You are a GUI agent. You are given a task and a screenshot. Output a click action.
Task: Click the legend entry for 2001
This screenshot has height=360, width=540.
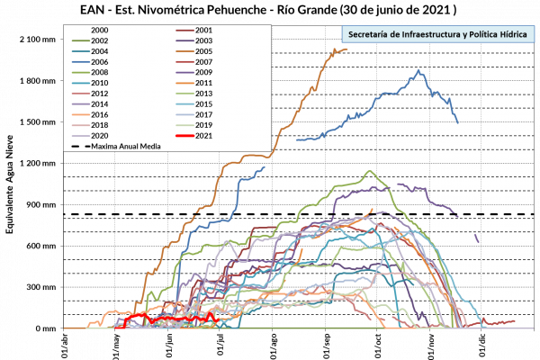(203, 31)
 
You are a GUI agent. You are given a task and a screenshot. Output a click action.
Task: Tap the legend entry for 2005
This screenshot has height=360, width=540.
(203, 51)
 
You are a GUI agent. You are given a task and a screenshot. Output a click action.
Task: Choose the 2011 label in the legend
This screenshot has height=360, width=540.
(203, 83)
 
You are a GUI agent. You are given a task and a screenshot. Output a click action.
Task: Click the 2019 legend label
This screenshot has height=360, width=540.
(203, 125)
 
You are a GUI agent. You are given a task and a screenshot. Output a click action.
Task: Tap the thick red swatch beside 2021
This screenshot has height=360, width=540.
(185, 136)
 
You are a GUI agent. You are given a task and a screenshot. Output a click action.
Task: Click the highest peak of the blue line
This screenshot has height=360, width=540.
(418, 71)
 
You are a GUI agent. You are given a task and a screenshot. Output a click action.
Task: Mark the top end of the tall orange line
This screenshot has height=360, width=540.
(346, 49)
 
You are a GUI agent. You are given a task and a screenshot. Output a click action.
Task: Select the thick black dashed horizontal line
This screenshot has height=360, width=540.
(270, 214)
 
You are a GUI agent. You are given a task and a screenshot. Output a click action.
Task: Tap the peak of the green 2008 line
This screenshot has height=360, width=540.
(368, 171)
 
